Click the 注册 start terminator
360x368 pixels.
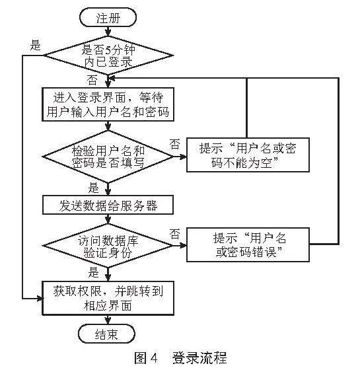pos(108,18)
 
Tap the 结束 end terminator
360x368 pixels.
pos(107,334)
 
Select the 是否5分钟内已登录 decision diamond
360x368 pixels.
pos(108,56)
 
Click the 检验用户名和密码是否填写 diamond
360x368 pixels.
pos(108,157)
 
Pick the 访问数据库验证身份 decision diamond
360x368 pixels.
pos(108,246)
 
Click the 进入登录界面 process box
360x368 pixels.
pos(108,104)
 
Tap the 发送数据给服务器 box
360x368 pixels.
pos(108,205)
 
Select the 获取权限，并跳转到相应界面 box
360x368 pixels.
pos(108,298)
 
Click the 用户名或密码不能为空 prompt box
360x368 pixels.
pos(248,155)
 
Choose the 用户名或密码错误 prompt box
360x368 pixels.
pos(248,245)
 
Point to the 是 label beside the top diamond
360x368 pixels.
pos(36,45)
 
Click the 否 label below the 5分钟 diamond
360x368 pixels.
pos(92,80)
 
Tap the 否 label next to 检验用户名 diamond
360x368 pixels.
pos(175,144)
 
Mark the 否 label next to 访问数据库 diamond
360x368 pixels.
pos(175,234)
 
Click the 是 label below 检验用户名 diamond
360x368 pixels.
pos(93,188)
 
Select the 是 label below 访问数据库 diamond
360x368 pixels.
pos(93,272)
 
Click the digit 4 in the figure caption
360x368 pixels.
pos(153,358)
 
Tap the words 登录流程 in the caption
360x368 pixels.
pos(199,357)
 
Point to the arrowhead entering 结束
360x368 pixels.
pos(108,321)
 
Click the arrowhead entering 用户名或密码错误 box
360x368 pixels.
pos(183,246)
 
